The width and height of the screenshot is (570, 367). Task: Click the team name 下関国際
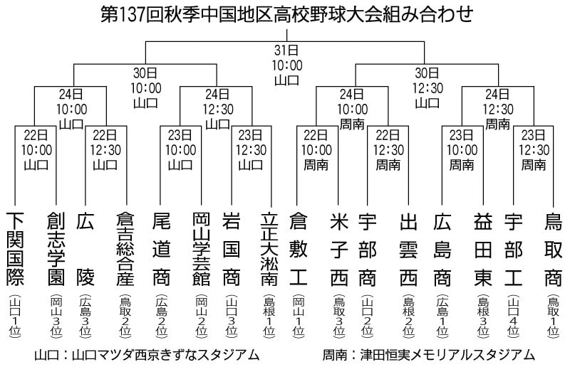pyautogui.click(x=15, y=249)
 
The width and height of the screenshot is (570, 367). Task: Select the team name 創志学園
pyautogui.click(x=56, y=249)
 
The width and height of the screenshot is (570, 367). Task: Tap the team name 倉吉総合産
pyautogui.click(x=126, y=249)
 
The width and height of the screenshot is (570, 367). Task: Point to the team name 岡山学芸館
pyautogui.click(x=202, y=249)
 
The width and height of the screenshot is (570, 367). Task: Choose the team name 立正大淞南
pyautogui.click(x=270, y=249)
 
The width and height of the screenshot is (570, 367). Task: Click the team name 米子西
pyautogui.click(x=339, y=250)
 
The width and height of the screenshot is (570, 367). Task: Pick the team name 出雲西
pyautogui.click(x=408, y=250)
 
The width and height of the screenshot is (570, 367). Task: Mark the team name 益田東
pyautogui.click(x=483, y=250)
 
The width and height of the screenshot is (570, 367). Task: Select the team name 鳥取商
pyautogui.click(x=554, y=250)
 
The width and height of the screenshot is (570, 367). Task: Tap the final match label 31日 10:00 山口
pyautogui.click(x=287, y=65)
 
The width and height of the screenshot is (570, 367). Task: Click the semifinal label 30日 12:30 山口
pyautogui.click(x=427, y=88)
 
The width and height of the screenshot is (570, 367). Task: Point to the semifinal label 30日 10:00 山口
pyautogui.click(x=145, y=88)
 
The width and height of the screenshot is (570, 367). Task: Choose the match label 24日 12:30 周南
pyautogui.click(x=497, y=110)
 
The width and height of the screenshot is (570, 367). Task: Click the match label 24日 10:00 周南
pyautogui.click(x=352, y=110)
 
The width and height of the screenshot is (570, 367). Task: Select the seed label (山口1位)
pyautogui.click(x=15, y=317)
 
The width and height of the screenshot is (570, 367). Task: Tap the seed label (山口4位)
pyautogui.click(x=513, y=317)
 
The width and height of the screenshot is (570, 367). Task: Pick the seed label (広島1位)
pyautogui.click(x=442, y=317)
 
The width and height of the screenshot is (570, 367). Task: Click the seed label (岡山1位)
pyautogui.click(x=299, y=317)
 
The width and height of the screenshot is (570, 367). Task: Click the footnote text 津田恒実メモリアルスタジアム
pyautogui.click(x=447, y=355)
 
